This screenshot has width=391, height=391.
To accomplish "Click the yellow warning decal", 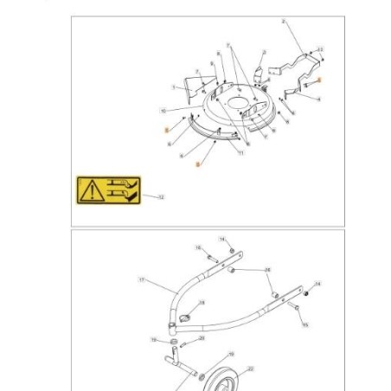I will (109, 190).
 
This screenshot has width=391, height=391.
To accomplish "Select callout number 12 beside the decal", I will (161, 198).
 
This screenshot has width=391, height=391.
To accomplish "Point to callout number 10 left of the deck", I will (163, 111).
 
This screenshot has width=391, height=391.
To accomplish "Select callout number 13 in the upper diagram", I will (321, 50).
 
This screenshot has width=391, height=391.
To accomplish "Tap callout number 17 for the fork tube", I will (141, 279).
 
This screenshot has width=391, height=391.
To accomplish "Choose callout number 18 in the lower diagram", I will (202, 304).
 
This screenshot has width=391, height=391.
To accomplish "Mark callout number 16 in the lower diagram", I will (198, 248).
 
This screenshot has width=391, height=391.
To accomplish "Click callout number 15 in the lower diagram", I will (304, 325).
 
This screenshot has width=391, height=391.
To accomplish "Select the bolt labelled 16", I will (212, 257).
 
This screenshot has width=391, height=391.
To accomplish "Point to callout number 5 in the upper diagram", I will (174, 87).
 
